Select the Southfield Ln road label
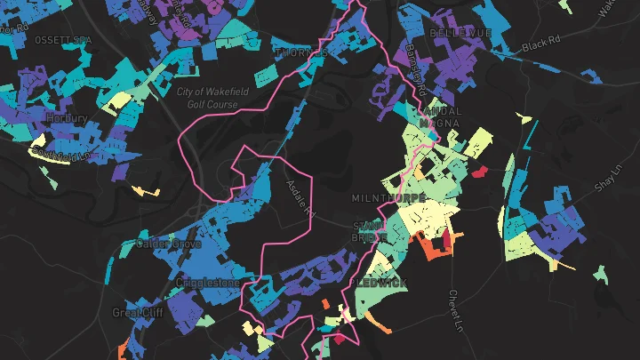(62, 155)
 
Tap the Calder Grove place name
(169, 244)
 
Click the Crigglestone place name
(208, 283)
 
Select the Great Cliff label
(134, 313)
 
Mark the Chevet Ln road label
(457, 306)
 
